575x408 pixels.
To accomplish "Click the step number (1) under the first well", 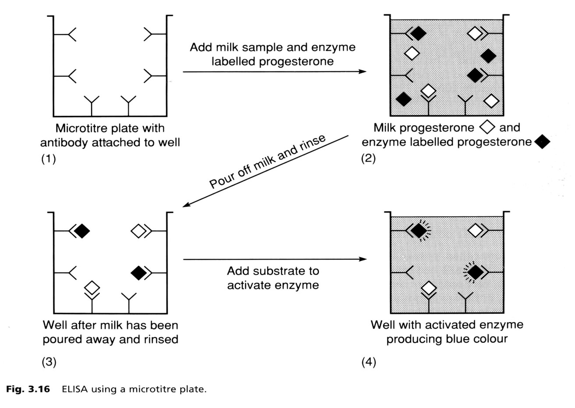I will coord(49,158).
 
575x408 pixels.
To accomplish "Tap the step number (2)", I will coord(368,158).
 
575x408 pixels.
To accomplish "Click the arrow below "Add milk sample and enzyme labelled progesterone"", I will coord(274,71).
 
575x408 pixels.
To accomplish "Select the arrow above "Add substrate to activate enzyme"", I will coord(274,260).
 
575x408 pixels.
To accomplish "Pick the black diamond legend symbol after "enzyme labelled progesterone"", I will coord(542,142).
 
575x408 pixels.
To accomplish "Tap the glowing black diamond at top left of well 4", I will coord(419,230).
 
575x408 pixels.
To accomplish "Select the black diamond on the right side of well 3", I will coord(139,273).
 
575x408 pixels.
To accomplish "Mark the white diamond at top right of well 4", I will coord(476,230).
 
